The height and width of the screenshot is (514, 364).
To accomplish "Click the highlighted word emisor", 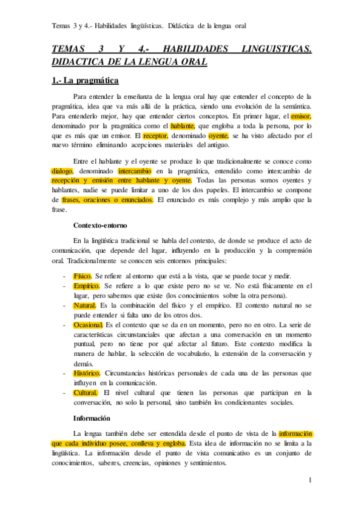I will pos(301,116).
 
